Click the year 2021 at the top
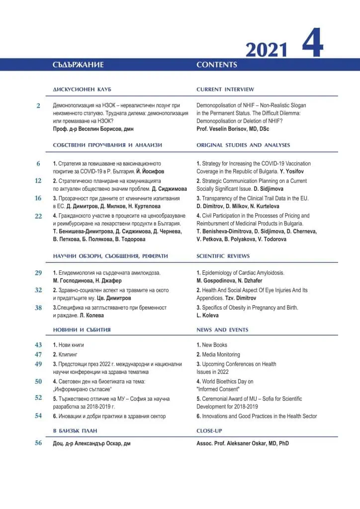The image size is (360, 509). click(267, 50)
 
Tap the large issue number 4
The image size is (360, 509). click(313, 45)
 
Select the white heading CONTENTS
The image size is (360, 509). click(217, 65)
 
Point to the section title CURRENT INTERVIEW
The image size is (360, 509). click(225, 89)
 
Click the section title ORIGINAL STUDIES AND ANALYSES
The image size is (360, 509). click(243, 145)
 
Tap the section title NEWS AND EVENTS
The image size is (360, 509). click(222, 330)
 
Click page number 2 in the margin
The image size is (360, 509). click(38, 106)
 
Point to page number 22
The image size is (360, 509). click(38, 216)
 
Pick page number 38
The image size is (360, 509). click(38, 308)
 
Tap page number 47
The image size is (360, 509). click(38, 354)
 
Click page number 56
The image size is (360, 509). click(38, 443)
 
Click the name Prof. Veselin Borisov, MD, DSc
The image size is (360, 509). click(233, 129)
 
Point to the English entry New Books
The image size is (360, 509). click(214, 345)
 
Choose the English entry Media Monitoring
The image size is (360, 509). click(221, 354)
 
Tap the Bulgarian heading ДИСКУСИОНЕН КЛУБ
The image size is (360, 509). click(82, 89)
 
